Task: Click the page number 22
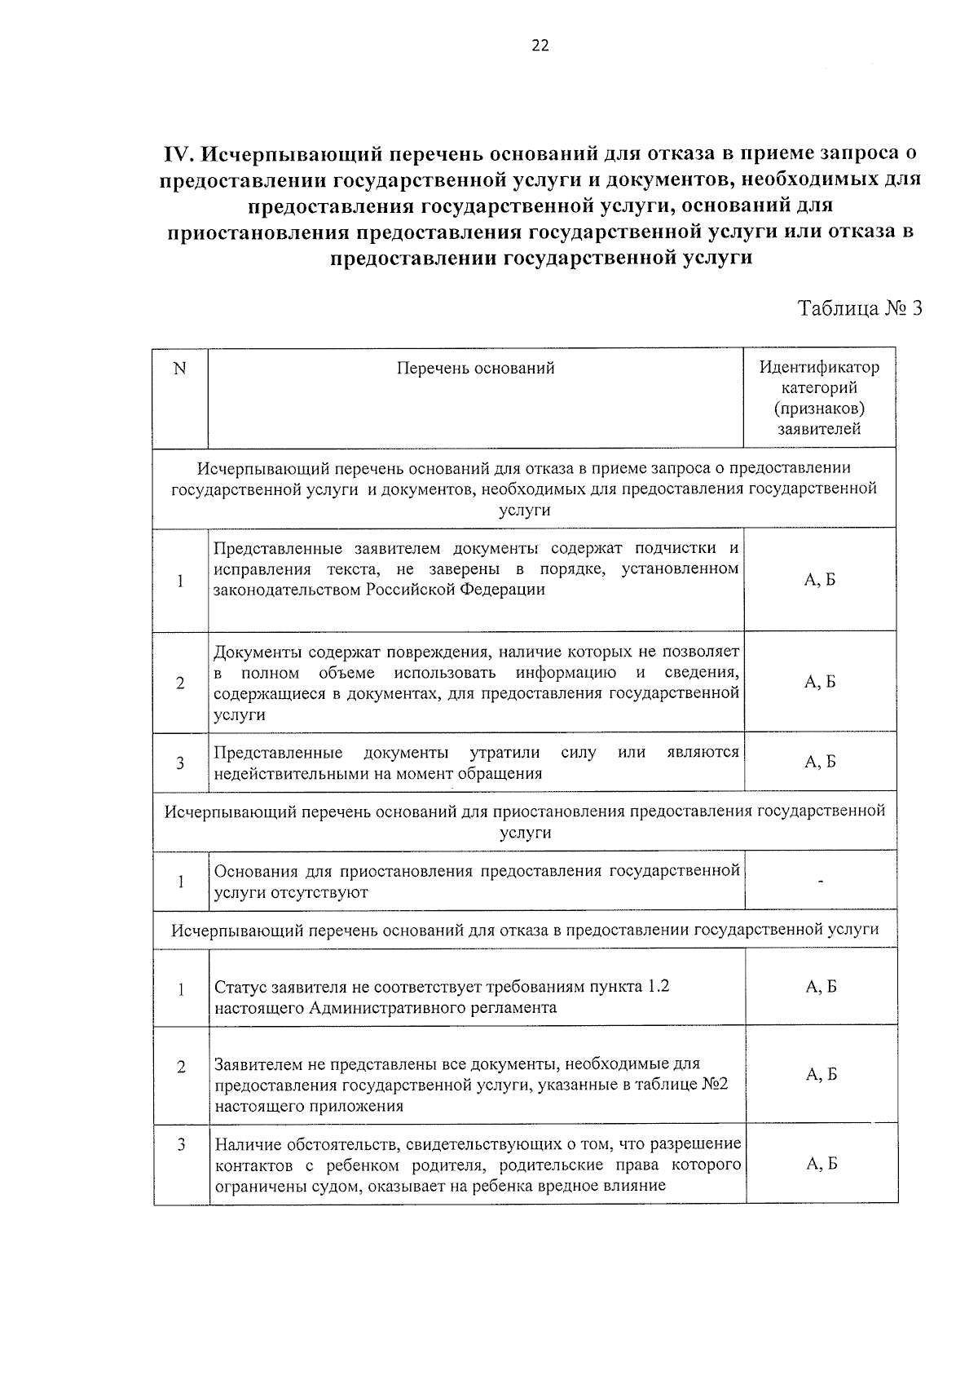coord(540,46)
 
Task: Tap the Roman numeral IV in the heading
coord(178,153)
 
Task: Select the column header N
coord(180,369)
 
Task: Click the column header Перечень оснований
coord(475,368)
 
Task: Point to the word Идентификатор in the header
coord(819,367)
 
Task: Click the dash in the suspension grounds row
coord(821,882)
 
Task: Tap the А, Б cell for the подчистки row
coord(820,580)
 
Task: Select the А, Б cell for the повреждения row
coord(820,683)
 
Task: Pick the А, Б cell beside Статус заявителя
coord(821,987)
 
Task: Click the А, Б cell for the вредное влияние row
coord(821,1164)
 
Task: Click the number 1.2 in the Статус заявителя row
coord(658,986)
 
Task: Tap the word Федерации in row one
coord(503,590)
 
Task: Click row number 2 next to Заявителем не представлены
coord(181,1067)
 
